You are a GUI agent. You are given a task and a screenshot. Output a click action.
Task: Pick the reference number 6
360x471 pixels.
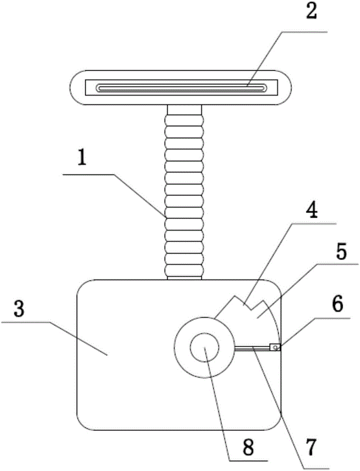tap(337, 306)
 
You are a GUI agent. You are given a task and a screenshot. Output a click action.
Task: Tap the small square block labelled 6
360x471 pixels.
tap(275, 348)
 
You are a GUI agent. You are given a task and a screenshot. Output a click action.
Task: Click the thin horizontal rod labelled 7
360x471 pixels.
tap(252, 348)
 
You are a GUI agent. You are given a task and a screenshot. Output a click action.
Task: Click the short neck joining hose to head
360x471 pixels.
tap(184, 109)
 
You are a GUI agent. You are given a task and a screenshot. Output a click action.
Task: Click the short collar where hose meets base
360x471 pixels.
tap(184, 278)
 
